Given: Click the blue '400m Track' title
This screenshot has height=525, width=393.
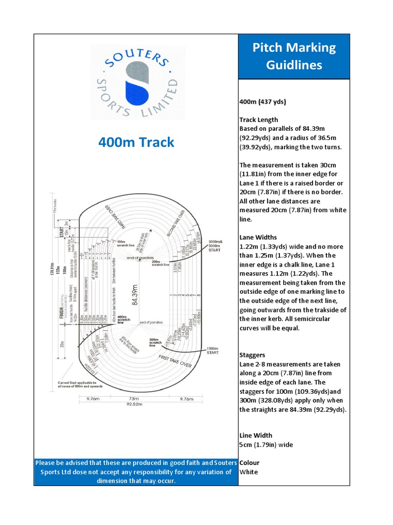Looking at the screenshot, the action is coord(137,142).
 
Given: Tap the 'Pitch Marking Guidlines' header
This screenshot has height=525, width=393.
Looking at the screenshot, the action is coord(294,56).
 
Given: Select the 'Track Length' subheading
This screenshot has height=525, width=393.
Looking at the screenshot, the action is coord(258,119).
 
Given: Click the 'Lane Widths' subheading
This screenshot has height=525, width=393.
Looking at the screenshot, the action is coord(258,237).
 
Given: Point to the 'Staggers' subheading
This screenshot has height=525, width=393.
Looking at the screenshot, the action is coord(253,355).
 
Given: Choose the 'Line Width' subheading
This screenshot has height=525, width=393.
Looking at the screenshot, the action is coord(256,435).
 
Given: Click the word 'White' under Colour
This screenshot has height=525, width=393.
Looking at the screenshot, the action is coord(249,472).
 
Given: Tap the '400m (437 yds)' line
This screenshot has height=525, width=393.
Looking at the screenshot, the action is coord(263,102).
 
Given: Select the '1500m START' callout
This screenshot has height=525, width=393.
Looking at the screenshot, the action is coord(212,351).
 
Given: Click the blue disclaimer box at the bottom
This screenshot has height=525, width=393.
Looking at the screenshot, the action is coord(136,472).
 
